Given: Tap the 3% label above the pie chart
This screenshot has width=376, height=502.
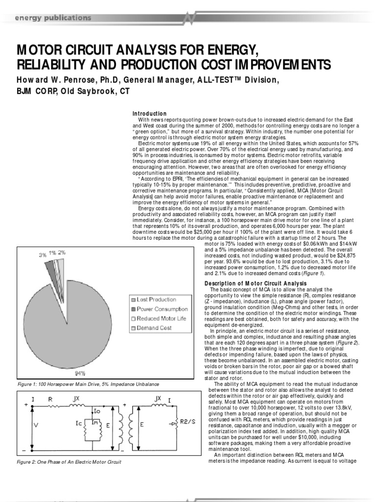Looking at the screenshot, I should (43, 255).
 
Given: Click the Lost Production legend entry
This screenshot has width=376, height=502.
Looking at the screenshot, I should (156, 300).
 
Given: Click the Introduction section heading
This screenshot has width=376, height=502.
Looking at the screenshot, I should (150, 114).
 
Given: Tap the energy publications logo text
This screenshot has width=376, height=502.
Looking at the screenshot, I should (52, 18).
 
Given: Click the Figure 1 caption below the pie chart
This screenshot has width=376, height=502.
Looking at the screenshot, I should (89, 383).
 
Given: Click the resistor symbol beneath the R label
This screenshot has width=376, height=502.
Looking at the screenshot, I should (51, 406).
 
